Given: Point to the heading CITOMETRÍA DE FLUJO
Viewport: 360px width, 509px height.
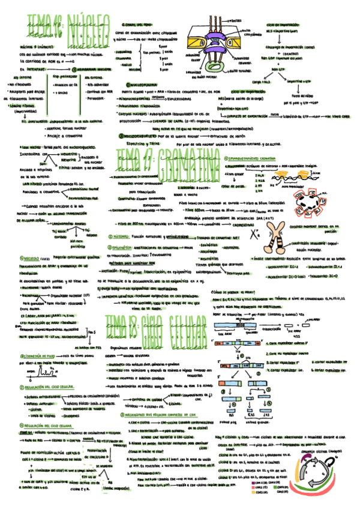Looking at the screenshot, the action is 34,355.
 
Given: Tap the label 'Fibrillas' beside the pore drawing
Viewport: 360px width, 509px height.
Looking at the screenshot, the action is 237,22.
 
